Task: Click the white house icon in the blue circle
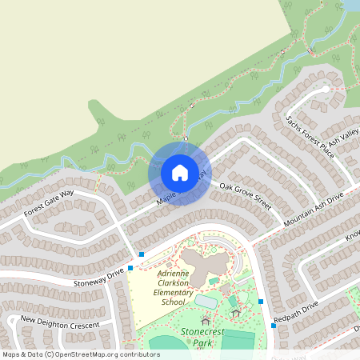179,172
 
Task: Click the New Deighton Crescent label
60,322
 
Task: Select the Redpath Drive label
295,313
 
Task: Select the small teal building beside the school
213,281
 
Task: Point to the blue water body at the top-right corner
350,5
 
